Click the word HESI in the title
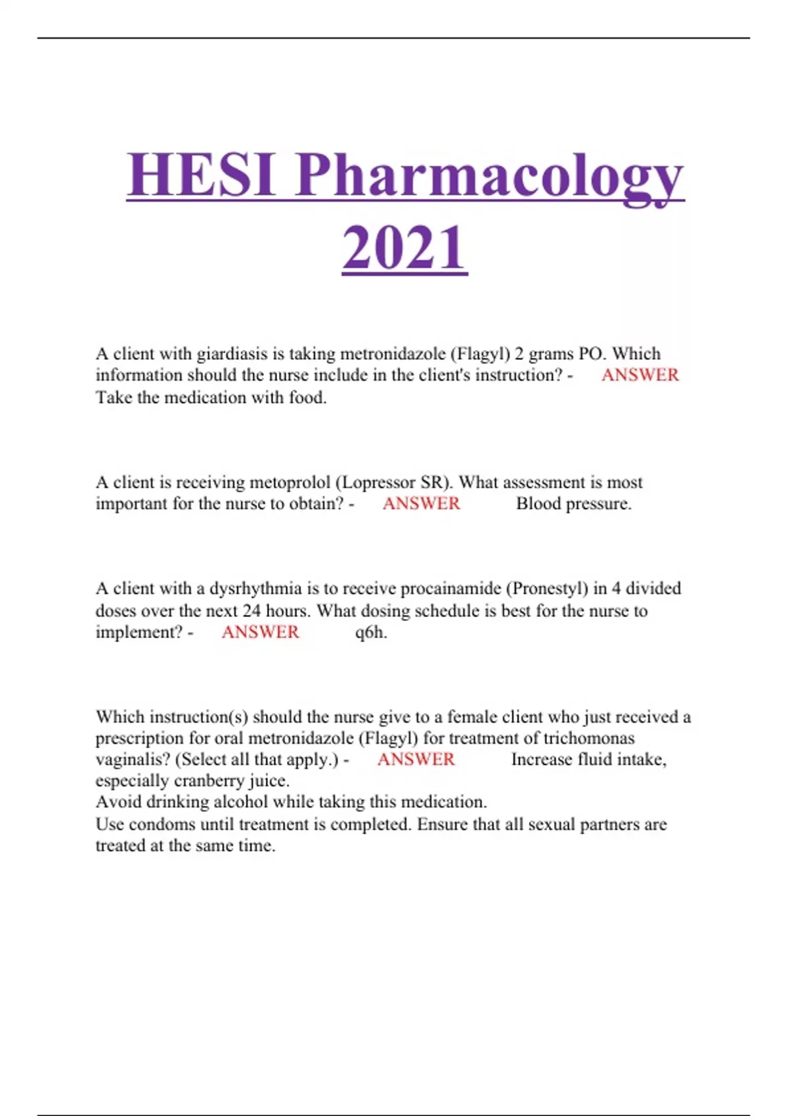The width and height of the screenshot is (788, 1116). [201, 175]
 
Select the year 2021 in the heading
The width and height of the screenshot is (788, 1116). [405, 248]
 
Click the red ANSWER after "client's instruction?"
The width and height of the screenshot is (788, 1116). [640, 375]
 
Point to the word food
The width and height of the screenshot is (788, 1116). [307, 397]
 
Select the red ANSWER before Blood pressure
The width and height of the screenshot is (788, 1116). [422, 504]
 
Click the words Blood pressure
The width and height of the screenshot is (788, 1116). [573, 504]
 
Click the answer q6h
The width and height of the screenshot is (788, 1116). [371, 632]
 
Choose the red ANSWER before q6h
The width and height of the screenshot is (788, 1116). [260, 632]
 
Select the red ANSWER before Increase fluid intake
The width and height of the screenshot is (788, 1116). [416, 760]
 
